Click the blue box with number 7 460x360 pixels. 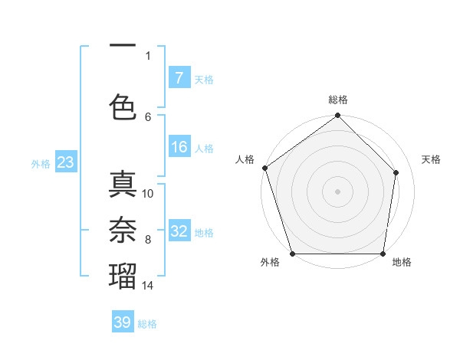click(x=179, y=78)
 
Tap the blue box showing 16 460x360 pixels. click(x=179, y=148)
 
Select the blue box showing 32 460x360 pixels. click(x=179, y=232)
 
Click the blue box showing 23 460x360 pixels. click(x=65, y=162)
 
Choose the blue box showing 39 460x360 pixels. click(x=123, y=322)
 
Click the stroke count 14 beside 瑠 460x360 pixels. click(x=149, y=286)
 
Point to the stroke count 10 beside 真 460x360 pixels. click(x=149, y=194)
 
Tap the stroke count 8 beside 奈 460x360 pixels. click(x=148, y=240)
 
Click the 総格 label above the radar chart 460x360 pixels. click(x=338, y=100)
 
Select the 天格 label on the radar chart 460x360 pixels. click(x=432, y=159)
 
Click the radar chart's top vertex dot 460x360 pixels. click(x=338, y=116)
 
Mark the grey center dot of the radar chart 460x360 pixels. click(x=338, y=191)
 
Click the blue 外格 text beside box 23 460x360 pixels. click(x=40, y=163)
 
